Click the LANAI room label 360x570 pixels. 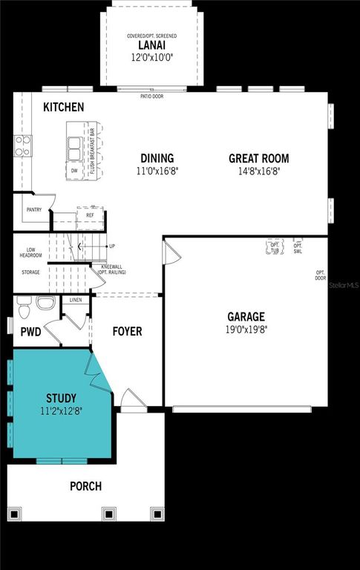point(155,45)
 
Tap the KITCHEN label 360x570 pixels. point(63,108)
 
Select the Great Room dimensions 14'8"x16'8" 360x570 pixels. point(258,171)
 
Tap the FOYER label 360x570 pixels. point(127,331)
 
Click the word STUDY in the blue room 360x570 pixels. point(61,399)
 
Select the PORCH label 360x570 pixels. point(85,486)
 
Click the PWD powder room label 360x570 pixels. point(30,332)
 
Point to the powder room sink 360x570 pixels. point(46,304)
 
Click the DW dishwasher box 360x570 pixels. point(74,170)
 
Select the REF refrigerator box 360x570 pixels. point(90,215)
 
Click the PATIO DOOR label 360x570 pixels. point(151,96)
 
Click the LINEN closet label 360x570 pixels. point(76,300)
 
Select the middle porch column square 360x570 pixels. point(108,513)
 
